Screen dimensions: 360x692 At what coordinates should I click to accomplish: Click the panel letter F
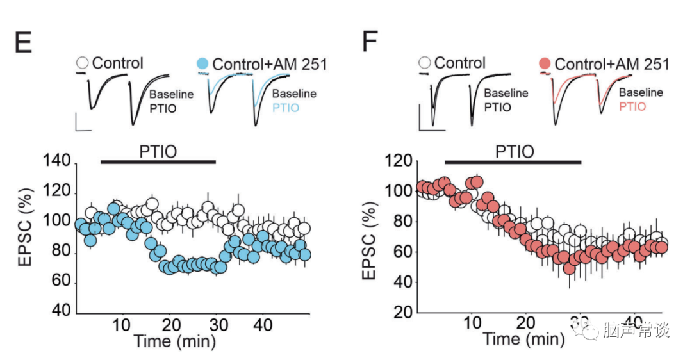(x=370, y=43)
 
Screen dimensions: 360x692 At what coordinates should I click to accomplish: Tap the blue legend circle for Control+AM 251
(x=202, y=63)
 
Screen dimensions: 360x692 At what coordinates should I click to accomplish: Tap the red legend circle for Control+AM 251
(x=545, y=63)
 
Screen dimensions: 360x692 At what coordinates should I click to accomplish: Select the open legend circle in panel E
(x=82, y=63)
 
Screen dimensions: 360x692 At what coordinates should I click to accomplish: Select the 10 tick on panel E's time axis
(x=122, y=324)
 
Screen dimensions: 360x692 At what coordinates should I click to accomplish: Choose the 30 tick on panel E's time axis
(x=216, y=324)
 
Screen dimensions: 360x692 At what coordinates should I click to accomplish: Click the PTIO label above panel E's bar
(x=158, y=152)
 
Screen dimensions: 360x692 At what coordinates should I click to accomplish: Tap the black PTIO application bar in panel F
(x=513, y=161)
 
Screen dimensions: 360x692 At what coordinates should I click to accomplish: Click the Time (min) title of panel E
(x=174, y=340)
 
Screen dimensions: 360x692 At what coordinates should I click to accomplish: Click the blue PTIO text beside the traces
(x=286, y=107)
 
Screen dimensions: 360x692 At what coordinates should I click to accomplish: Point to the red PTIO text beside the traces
(x=632, y=106)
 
